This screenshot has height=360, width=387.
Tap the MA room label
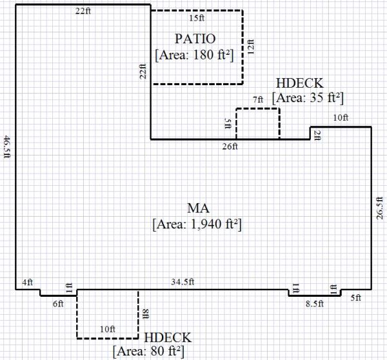click(x=197, y=208)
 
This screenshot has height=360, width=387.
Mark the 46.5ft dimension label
click(x=8, y=147)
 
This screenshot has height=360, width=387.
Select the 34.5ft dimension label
click(x=184, y=282)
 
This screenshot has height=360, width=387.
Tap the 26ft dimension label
click(x=230, y=146)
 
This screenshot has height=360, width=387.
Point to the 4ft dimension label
click(x=26, y=282)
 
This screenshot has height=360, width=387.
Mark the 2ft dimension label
click(x=317, y=134)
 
